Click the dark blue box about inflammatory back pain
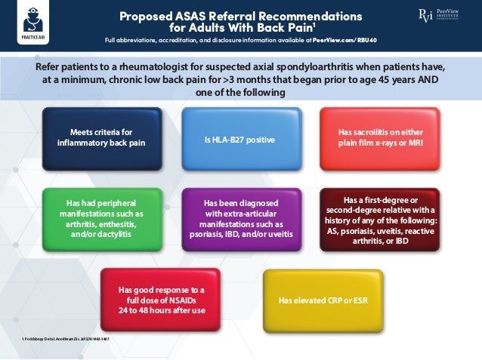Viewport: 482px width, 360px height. (101, 138)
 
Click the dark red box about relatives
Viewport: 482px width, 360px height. (379, 220)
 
